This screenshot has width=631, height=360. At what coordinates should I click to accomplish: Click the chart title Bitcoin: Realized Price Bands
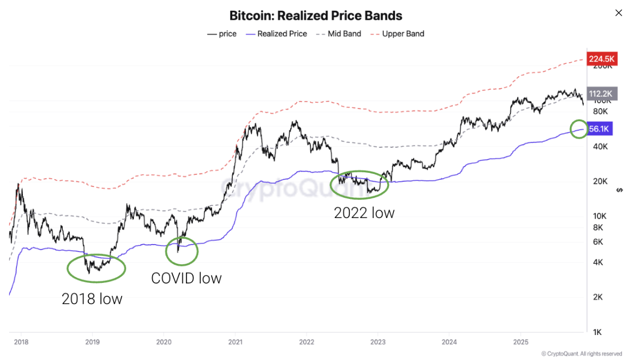[x=316, y=15]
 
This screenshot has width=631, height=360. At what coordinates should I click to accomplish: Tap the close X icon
[x=618, y=13]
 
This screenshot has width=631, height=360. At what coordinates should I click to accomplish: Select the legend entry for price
[x=222, y=34]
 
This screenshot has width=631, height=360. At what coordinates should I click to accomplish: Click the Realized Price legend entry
[x=276, y=34]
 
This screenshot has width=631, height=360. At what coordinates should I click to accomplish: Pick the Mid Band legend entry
[x=339, y=34]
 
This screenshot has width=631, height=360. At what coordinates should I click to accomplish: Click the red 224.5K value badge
[x=601, y=58]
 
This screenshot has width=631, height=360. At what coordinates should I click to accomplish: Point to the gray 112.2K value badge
[x=601, y=94]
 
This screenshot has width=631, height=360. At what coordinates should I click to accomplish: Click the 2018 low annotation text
[x=92, y=299]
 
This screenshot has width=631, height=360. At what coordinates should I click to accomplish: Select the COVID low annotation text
[x=186, y=278]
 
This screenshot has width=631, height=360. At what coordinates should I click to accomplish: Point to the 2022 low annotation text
[x=364, y=213]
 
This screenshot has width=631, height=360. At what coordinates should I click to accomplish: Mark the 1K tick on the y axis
[x=597, y=332]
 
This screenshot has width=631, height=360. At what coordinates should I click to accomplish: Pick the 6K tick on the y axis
[x=597, y=242]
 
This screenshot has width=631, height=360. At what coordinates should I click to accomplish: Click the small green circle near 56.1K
[x=578, y=129]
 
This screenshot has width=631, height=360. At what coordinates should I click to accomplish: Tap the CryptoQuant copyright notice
[x=582, y=354]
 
